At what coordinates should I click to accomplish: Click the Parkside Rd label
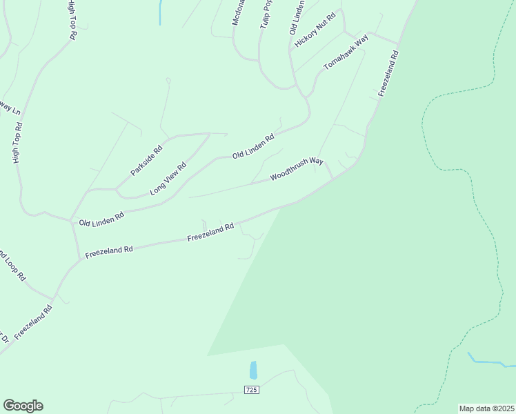coord(147,159)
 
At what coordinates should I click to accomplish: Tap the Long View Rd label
coord(168,179)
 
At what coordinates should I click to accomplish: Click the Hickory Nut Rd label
coord(315,29)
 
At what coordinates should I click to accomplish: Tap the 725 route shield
coord(251,390)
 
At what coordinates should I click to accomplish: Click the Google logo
coord(23,406)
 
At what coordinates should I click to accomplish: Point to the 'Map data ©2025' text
coord(486,408)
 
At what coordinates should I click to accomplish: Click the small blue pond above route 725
coord(253,370)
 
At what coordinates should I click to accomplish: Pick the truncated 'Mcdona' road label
coord(239,12)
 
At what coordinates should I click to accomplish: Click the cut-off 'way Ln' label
coord(9,108)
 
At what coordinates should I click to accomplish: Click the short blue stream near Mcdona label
coord(160,12)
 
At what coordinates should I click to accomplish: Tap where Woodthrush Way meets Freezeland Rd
coord(334,179)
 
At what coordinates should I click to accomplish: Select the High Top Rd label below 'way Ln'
coord(19,143)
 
